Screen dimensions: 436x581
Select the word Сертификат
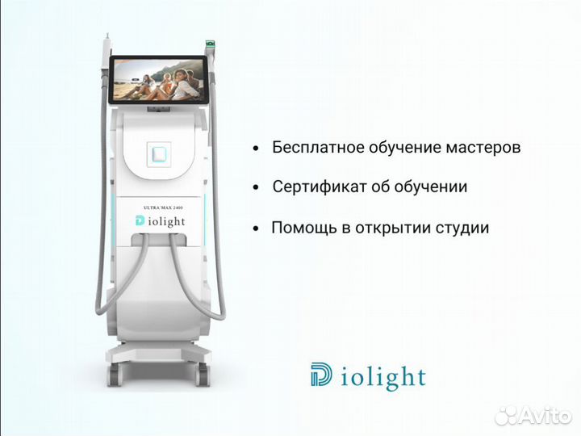(x=312, y=187)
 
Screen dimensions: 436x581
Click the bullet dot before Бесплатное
(x=256, y=149)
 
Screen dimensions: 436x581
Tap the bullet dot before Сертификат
(x=256, y=188)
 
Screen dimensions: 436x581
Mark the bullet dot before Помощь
(x=256, y=229)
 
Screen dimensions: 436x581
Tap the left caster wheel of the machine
(x=114, y=374)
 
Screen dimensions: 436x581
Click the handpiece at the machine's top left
(x=108, y=44)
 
